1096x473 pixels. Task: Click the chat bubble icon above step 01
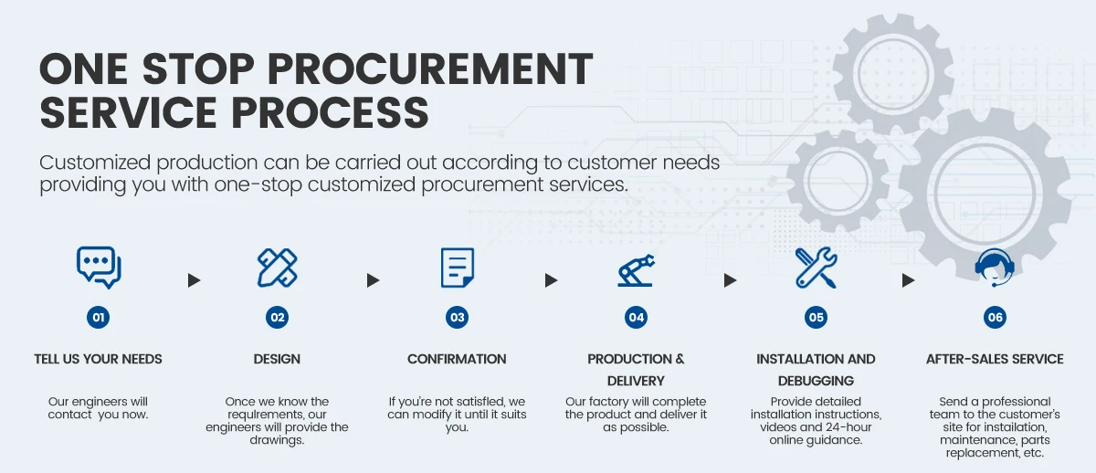pos(99,268)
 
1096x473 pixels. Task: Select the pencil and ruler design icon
pos(278,268)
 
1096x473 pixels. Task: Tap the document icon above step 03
pos(457,268)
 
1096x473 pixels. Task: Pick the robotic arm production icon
pos(636,268)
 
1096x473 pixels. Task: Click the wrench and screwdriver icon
pos(816,268)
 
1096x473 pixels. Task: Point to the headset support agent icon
pos(994,268)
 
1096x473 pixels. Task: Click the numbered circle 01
pos(99,318)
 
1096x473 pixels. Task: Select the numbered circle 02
pos(278,318)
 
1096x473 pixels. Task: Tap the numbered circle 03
pos(457,318)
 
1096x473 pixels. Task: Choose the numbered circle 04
pos(636,318)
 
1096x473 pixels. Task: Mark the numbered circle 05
pos(816,318)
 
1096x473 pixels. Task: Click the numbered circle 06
pos(995,318)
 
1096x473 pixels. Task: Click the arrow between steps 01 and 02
pos(194,280)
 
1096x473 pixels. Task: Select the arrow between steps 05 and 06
pos(908,280)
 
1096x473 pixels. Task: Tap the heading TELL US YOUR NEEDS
pos(99,359)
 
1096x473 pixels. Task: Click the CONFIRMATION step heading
pos(457,359)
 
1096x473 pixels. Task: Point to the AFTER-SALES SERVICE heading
pos(995,359)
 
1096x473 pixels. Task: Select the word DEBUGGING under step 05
pos(816,381)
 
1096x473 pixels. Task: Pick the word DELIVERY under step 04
pos(636,381)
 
